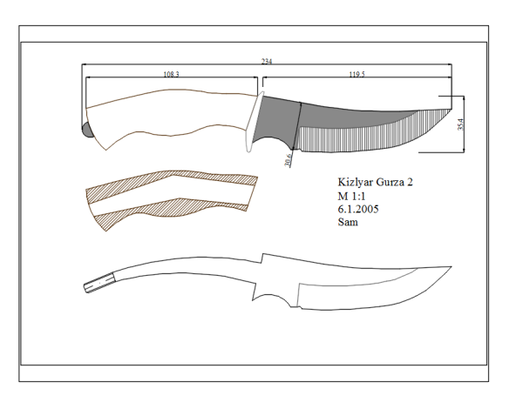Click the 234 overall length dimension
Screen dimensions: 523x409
click(267, 62)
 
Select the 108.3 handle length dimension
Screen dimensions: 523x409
click(171, 74)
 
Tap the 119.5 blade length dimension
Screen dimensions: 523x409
click(357, 74)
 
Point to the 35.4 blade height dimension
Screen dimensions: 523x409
click(460, 124)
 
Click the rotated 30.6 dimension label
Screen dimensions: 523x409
click(289, 159)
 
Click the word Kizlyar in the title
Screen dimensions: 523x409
click(356, 182)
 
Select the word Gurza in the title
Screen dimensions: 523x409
click(390, 182)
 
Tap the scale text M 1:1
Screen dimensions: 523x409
click(351, 196)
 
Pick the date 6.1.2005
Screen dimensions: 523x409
click(358, 209)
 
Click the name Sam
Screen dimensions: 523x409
click(348, 222)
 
